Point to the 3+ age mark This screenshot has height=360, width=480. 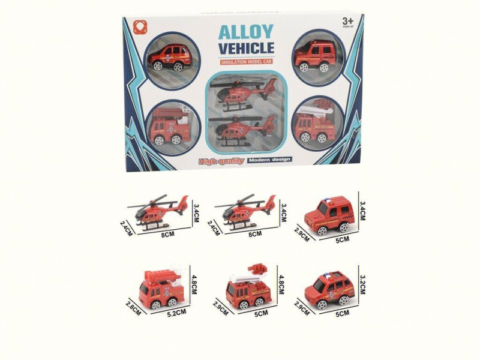click(x=349, y=20)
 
